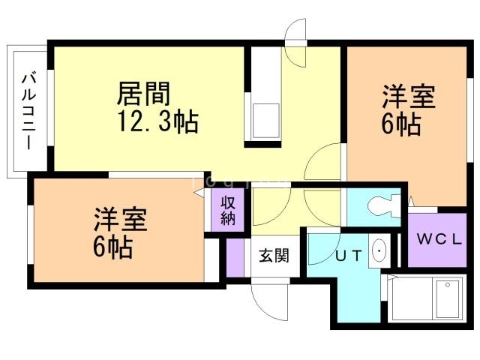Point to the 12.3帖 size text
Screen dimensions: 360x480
click(157, 121)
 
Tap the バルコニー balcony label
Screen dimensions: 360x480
click(28, 110)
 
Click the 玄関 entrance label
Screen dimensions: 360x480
click(274, 255)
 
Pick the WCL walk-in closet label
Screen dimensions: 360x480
click(439, 240)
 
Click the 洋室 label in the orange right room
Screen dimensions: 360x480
click(409, 98)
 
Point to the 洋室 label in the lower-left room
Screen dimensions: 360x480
click(120, 220)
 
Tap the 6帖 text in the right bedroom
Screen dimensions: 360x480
click(399, 124)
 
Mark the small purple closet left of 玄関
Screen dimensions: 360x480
click(235, 259)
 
